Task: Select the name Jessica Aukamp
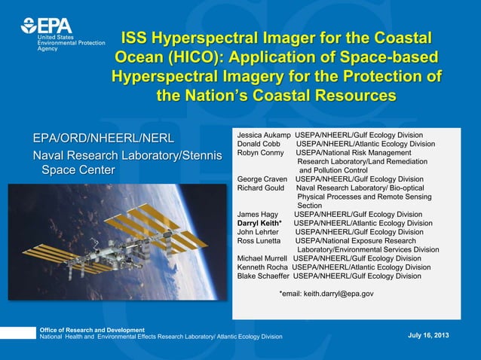click(264, 135)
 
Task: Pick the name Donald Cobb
click(259, 144)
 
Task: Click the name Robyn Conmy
click(261, 153)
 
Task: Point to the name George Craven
click(262, 179)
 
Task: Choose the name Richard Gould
click(262, 188)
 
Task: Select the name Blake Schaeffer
click(264, 276)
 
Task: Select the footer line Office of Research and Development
click(92, 331)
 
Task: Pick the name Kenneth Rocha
click(263, 267)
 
